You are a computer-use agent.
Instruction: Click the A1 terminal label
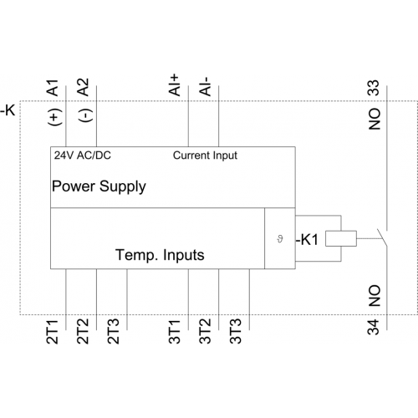point(53,88)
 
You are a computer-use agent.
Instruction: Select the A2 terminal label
point(83,87)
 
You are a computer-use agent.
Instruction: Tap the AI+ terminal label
point(174,85)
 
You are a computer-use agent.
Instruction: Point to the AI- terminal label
point(205,87)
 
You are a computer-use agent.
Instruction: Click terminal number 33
point(374,88)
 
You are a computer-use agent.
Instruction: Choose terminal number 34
point(374,327)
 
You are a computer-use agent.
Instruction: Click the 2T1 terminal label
point(53,332)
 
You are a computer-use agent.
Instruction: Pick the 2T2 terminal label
point(83,332)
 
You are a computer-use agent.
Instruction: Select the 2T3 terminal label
point(114,332)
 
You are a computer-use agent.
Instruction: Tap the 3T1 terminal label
point(175,332)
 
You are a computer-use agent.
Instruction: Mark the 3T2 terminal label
point(205,332)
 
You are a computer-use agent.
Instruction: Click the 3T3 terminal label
point(236,332)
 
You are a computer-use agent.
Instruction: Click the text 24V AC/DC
point(83,155)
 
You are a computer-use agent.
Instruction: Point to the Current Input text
point(205,155)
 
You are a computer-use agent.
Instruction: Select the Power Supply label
point(99,187)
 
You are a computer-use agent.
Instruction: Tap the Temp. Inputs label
point(160,255)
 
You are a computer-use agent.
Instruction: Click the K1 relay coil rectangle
point(341,238)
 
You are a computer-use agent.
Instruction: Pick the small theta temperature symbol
point(280,239)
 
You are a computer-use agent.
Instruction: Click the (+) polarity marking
point(55,117)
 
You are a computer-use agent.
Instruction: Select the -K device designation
point(8,110)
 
